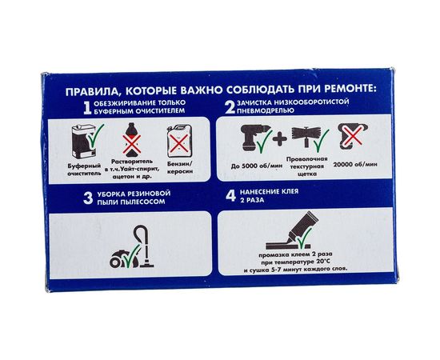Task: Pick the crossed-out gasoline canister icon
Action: coord(178,145)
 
